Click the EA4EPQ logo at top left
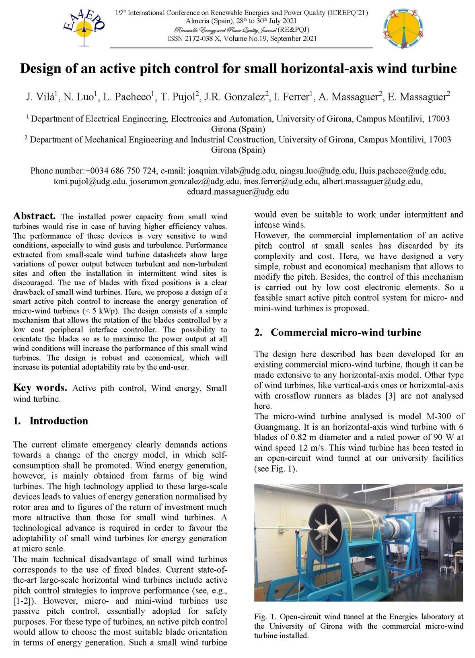[x=84, y=27]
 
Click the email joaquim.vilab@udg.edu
[x=232, y=171]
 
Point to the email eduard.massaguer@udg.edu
[x=238, y=192]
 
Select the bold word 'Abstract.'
[x=34, y=216]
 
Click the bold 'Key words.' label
[x=40, y=388]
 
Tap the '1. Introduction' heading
[x=51, y=421]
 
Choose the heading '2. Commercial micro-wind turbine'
[x=338, y=332]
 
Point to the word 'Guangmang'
[x=274, y=427]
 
